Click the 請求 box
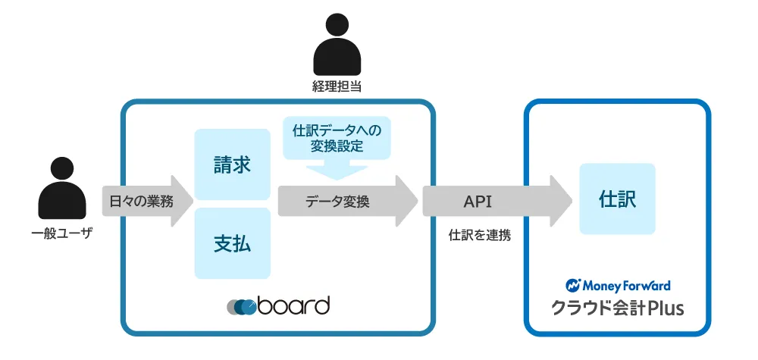tap(232, 164)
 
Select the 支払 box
tap(232, 243)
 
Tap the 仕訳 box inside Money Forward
tap(617, 199)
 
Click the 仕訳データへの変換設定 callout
tap(337, 138)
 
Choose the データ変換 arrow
tap(348, 202)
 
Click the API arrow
tap(497, 202)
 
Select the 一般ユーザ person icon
tap(62, 188)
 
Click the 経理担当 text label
tap(337, 87)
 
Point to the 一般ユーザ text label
tap(61, 234)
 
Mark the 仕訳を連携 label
tap(480, 236)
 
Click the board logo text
tap(293, 305)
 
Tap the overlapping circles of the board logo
tap(241, 308)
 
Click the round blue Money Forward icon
tap(573, 286)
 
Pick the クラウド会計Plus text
tap(618, 308)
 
